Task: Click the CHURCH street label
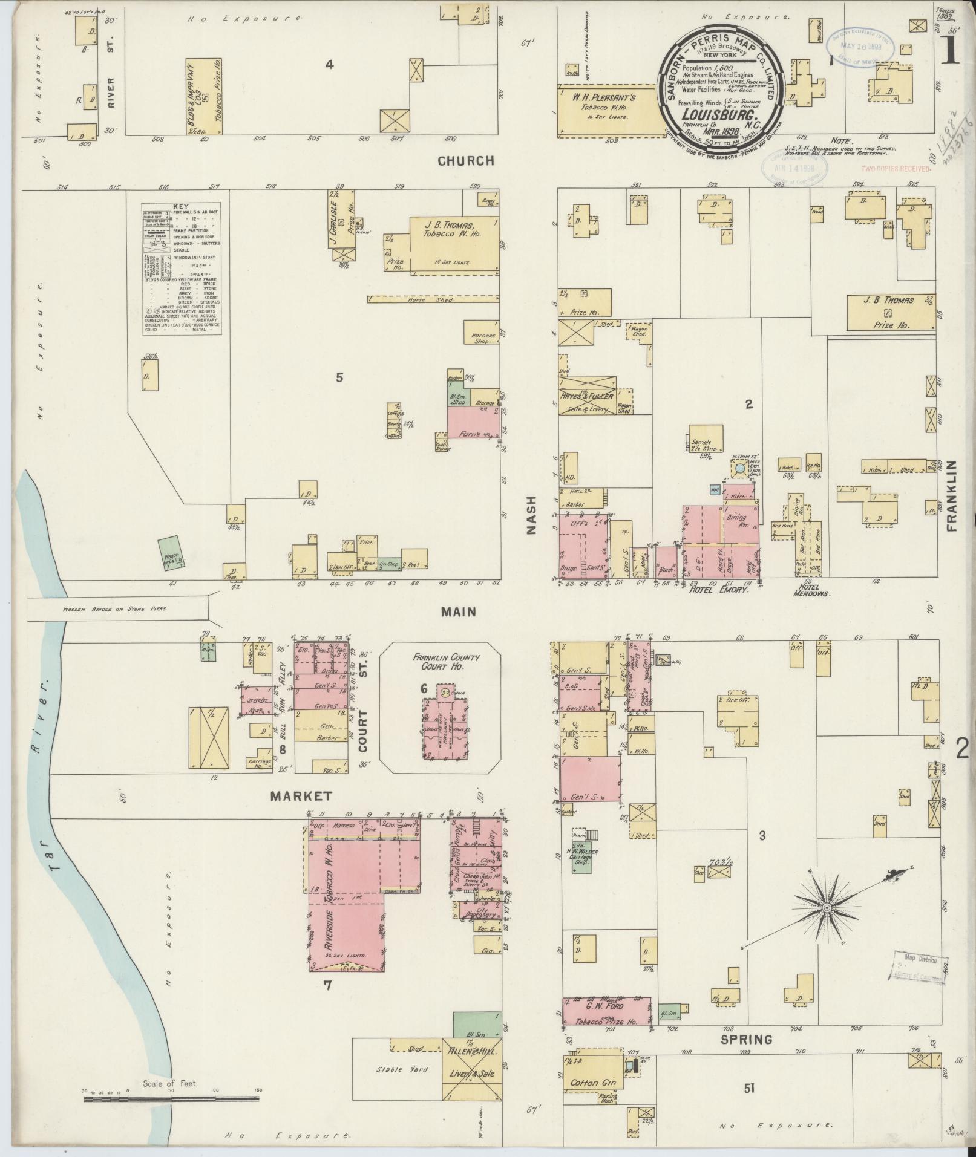click(x=466, y=161)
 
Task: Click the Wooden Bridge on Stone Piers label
click(x=114, y=609)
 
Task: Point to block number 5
click(x=339, y=377)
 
